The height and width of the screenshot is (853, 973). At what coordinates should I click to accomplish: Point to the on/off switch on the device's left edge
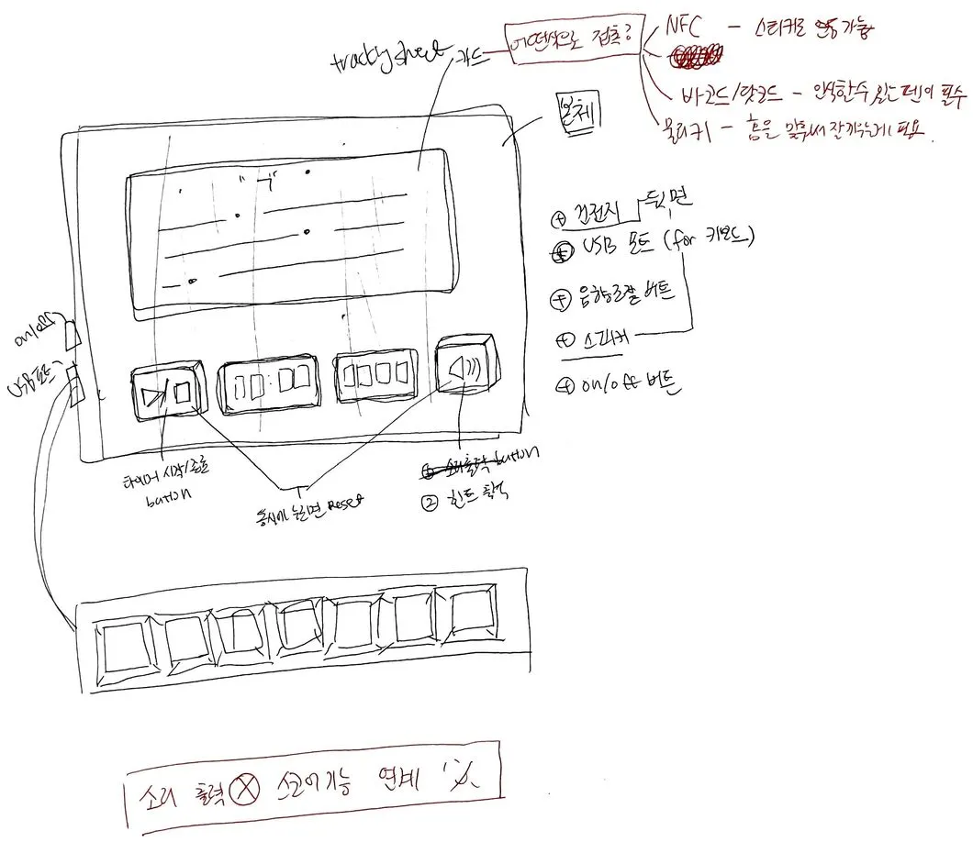point(73,334)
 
